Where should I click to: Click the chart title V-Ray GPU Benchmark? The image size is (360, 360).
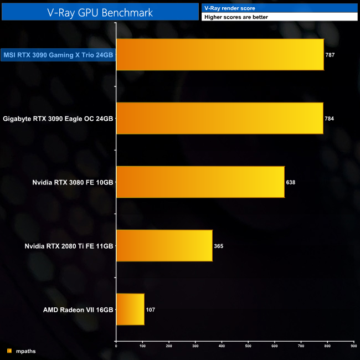(100, 11)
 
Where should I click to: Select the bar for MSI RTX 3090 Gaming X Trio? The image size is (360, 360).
(220, 54)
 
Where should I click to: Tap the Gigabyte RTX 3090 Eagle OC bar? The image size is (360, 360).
(219, 118)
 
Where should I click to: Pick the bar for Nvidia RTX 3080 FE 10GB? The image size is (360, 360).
(200, 182)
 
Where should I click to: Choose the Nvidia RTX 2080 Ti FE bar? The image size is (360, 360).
(164, 245)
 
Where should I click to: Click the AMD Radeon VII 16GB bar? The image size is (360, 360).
(130, 309)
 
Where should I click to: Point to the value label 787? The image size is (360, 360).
(331, 55)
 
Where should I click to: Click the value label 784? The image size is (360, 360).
(330, 119)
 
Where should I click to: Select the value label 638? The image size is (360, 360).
(291, 182)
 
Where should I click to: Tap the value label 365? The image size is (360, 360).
(219, 246)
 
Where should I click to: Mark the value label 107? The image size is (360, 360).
(150, 310)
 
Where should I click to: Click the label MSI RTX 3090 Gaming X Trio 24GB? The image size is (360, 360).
(58, 54)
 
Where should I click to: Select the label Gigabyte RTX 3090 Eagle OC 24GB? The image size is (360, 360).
(58, 118)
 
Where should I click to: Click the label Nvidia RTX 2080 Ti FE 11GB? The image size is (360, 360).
(69, 245)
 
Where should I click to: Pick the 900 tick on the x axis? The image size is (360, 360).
(353, 346)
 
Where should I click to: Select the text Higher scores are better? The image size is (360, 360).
(236, 17)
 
